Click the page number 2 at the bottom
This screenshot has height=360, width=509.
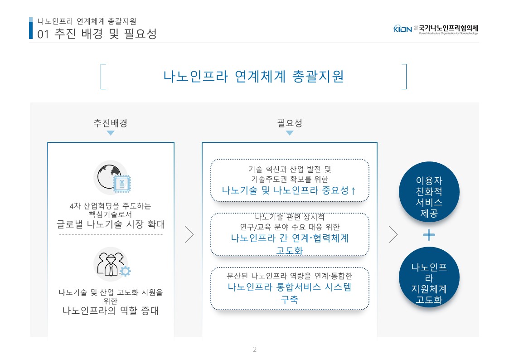255,349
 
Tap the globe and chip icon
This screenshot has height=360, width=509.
112,177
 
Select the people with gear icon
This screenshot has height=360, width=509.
112,264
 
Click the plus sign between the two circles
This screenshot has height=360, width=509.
429,235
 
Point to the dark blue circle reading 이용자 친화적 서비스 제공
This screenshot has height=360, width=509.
429,192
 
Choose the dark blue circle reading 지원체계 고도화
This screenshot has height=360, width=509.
429,277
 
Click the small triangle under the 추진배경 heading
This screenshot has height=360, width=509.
111,133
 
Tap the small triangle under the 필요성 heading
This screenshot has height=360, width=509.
290,133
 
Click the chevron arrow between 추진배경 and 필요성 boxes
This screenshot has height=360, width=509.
189,234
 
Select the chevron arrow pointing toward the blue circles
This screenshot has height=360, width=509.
393,234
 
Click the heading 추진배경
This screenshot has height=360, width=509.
111,123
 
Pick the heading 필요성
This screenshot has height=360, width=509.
290,123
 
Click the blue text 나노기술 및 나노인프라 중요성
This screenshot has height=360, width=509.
286,190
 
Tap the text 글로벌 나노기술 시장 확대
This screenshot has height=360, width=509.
111,224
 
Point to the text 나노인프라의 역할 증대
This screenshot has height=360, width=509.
111,311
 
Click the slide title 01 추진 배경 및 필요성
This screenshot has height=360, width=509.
97,34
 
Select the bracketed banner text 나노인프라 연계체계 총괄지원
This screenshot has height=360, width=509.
253,77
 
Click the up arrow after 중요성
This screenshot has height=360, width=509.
353,190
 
